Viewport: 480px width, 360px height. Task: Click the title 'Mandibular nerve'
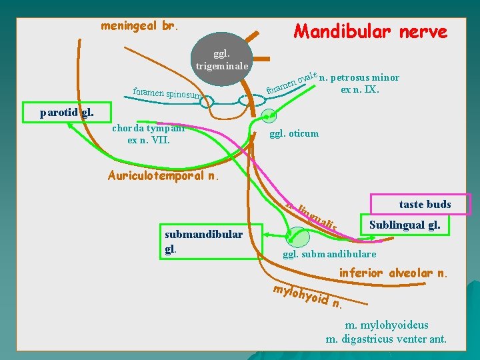click(370, 31)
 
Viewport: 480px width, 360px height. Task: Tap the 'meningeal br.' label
click(139, 26)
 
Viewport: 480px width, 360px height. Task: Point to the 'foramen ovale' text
click(291, 81)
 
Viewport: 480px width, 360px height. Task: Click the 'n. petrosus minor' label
click(360, 77)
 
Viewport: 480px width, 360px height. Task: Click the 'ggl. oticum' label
click(293, 133)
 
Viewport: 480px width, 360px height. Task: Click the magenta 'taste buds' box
click(425, 204)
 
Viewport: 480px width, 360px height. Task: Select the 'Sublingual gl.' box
click(405, 225)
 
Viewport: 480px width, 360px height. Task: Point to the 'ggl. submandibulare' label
click(330, 254)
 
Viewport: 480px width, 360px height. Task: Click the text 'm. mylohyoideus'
click(387, 325)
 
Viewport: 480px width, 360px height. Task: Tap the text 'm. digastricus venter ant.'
click(386, 339)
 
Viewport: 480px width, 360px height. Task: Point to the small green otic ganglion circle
click(268, 115)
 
